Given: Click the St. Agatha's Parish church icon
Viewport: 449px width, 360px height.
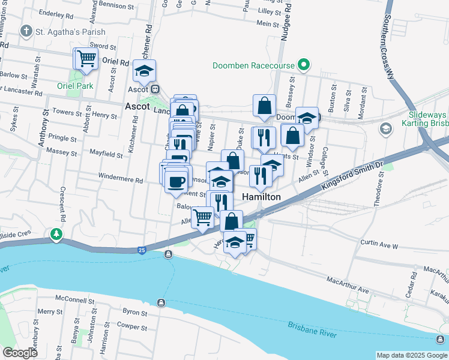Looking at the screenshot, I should point(26,31).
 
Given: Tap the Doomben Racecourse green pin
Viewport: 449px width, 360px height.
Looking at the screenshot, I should point(304,65).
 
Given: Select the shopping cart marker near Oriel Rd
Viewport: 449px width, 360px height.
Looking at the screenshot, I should point(86,59).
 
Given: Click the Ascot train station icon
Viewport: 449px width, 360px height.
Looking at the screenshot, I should point(154,89).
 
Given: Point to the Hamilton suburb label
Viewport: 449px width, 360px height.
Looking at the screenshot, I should point(261,197).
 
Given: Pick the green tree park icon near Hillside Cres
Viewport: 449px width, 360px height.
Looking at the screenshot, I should point(57,233).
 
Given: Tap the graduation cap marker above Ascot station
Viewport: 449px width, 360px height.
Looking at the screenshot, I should point(144,71).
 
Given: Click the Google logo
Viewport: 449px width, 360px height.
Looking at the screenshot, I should point(20,353).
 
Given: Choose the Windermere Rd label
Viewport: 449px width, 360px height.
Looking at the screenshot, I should point(122,180).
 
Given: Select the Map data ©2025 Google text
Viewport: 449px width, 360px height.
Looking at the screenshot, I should point(411,355).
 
